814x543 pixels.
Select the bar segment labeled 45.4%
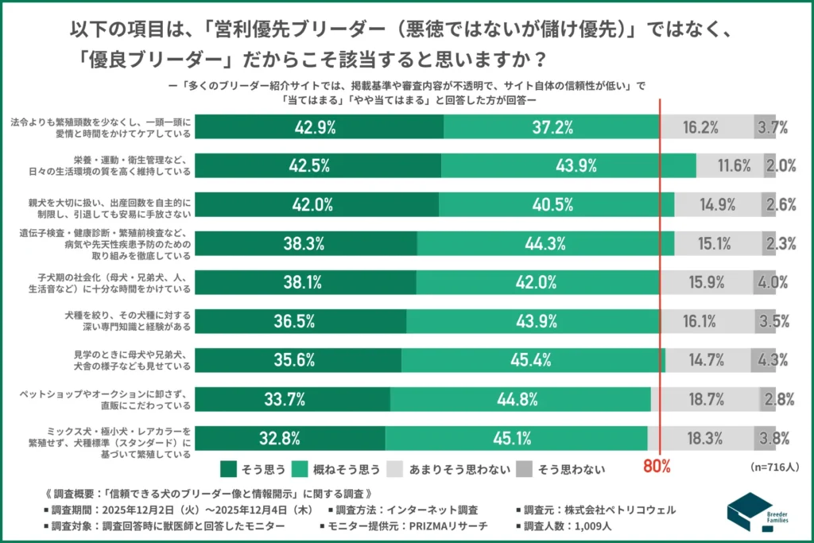533,360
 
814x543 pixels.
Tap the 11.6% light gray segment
730,165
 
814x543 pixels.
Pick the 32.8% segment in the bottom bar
290,438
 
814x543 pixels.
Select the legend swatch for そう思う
228,468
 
